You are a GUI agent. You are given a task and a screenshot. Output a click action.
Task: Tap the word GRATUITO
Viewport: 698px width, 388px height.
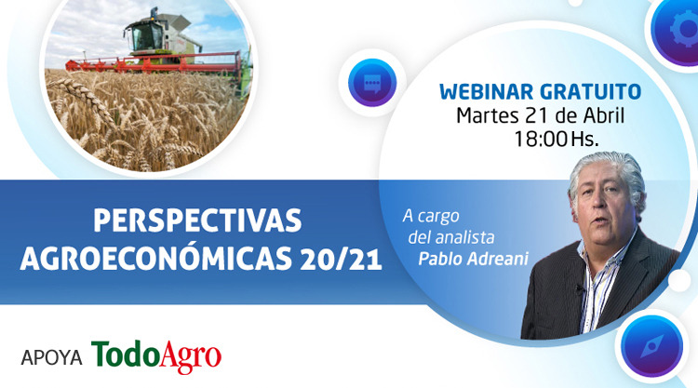pos(591,92)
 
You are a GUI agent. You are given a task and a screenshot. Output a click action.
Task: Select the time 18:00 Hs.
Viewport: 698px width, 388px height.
pos(557,139)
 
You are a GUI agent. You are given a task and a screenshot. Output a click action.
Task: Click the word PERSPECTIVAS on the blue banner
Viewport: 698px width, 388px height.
pos(197,221)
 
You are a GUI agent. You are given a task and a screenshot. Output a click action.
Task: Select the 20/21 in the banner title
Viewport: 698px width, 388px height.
pos(341,259)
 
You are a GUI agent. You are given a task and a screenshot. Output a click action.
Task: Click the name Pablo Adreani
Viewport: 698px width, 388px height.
pos(473,259)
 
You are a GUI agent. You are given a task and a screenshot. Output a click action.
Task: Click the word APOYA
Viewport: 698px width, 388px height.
pos(51,357)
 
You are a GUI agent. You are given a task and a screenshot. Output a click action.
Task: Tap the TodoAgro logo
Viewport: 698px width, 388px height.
pos(156,356)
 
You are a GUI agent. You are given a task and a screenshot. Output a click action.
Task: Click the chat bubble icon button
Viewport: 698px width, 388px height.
pos(372,83)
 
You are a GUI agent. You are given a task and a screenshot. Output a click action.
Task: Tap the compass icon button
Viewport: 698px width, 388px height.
pos(652,346)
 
